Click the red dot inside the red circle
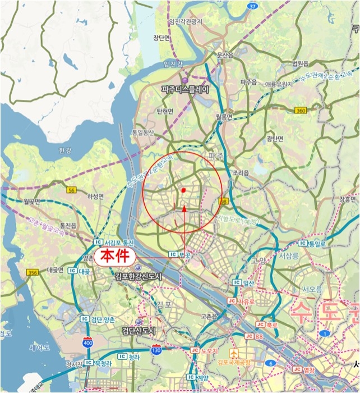tap(183, 190)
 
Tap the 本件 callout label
tap(114, 257)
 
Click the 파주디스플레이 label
tap(184, 89)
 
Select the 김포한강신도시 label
tap(138, 276)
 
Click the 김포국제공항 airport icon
tap(234, 353)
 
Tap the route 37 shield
tap(253, 6)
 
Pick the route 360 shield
tap(301, 111)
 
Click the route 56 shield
tap(71, 191)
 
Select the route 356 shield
tap(32, 273)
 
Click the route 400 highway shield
tap(87, 342)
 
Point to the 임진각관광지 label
tap(186, 22)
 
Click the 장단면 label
tap(161, 38)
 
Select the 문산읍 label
tap(224, 56)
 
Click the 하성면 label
tap(96, 196)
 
